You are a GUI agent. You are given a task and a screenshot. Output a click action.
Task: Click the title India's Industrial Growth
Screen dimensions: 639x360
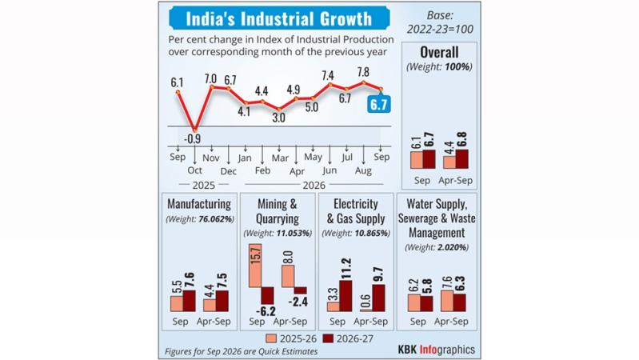point(279,18)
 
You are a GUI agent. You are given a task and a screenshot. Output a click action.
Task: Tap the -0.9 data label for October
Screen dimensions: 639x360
point(193,139)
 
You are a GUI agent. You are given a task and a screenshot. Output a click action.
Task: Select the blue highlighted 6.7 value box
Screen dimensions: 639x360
point(378,104)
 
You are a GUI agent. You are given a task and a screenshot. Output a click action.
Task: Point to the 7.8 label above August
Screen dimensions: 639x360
point(363,72)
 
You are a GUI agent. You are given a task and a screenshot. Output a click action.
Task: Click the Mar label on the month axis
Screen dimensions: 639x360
point(280,158)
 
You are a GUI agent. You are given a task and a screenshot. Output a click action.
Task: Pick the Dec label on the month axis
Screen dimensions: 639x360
point(229,171)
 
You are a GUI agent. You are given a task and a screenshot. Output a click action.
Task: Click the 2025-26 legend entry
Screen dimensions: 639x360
point(291,338)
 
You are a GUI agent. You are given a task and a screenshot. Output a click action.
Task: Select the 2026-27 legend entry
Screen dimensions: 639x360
point(348,338)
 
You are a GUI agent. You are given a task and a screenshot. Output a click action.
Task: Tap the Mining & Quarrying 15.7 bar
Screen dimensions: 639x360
point(255,266)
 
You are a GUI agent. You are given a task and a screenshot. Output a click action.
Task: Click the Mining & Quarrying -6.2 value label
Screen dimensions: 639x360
point(266,311)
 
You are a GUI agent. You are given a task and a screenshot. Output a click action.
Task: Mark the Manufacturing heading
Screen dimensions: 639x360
point(199,203)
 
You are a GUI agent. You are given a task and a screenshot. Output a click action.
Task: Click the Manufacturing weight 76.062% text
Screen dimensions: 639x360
point(200,219)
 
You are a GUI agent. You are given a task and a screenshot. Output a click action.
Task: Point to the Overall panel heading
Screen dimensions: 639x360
point(439,52)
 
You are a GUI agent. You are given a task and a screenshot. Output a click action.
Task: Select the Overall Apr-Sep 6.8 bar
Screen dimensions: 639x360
point(461,159)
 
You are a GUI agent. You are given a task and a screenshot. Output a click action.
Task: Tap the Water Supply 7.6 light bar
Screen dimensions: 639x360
point(447,302)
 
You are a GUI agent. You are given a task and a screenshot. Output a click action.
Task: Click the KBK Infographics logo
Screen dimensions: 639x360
point(437,350)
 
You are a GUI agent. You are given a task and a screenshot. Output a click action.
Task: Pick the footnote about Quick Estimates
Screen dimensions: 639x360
point(242,351)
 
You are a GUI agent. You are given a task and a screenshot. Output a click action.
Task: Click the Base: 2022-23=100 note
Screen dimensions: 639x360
point(440,22)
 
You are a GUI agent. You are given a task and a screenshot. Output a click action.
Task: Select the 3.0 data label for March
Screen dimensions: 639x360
point(279,118)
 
